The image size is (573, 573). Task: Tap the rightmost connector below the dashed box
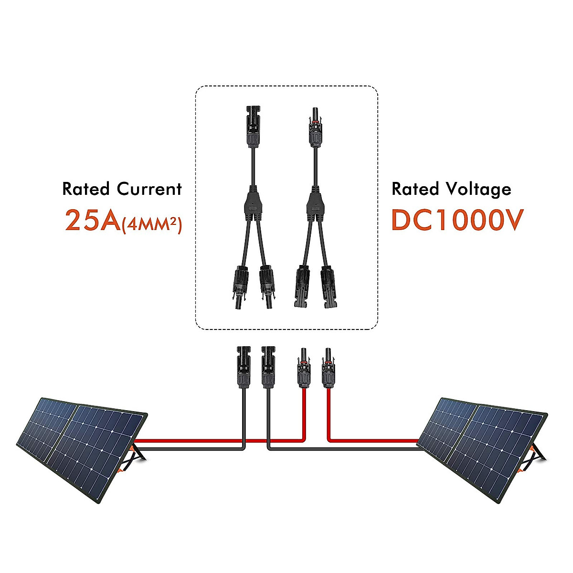(328, 368)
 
